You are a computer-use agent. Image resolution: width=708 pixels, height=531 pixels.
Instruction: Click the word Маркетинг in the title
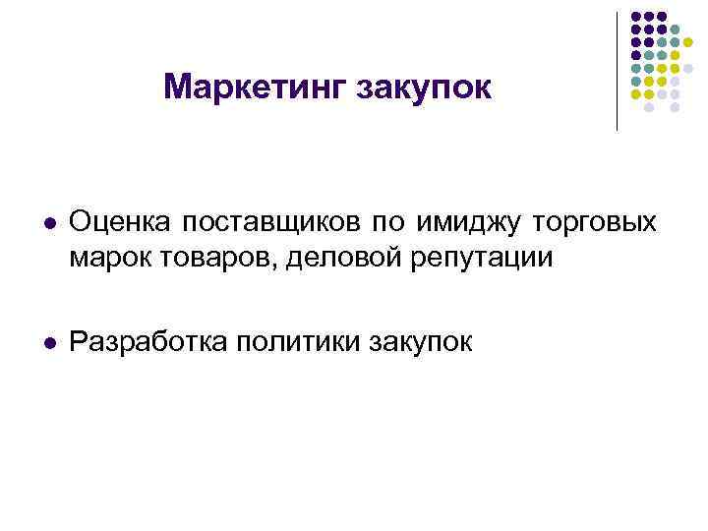pos(247,88)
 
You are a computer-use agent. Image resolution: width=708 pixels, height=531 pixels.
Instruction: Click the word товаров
pos(196,258)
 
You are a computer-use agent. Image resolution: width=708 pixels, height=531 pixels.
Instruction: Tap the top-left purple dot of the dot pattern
pos(635,17)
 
